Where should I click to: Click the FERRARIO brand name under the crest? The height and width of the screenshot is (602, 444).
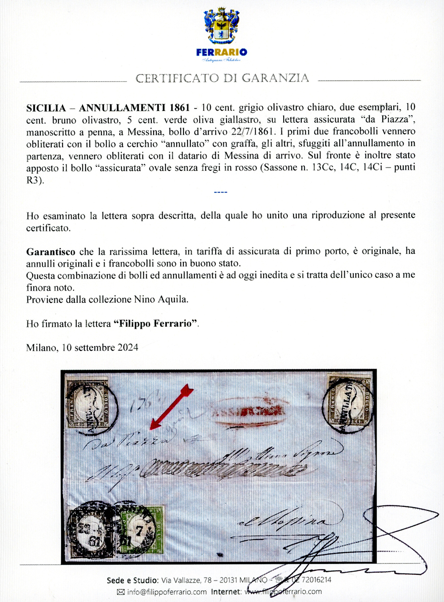222,52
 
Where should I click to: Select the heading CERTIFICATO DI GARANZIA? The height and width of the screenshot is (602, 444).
222,78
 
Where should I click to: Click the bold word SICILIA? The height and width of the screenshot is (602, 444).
46,108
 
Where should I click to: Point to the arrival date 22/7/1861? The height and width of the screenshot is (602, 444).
252,131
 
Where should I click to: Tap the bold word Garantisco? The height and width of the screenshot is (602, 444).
51,252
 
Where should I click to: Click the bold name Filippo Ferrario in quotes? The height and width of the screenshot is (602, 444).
156,324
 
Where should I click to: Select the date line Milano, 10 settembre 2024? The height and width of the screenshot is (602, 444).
82,348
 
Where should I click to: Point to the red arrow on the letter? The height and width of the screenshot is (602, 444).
171,407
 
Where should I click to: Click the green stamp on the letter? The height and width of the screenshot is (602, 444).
143,529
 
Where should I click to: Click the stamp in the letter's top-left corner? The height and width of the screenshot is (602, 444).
87,403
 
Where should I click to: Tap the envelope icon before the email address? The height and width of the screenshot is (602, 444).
121,592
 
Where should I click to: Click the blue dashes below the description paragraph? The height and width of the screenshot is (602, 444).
220,192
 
